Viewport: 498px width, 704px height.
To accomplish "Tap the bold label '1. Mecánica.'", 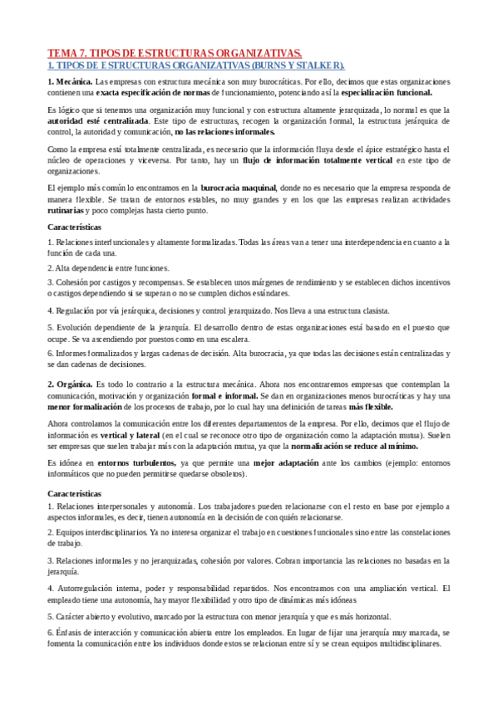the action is (x=70, y=81).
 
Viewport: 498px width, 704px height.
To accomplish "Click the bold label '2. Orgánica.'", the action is (x=71, y=384).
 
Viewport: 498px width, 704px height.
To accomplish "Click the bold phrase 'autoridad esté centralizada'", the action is (x=87, y=120).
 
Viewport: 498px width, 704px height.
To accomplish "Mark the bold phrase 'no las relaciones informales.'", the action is (x=225, y=132).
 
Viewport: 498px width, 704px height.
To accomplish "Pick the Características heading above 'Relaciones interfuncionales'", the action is (x=75, y=226).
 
